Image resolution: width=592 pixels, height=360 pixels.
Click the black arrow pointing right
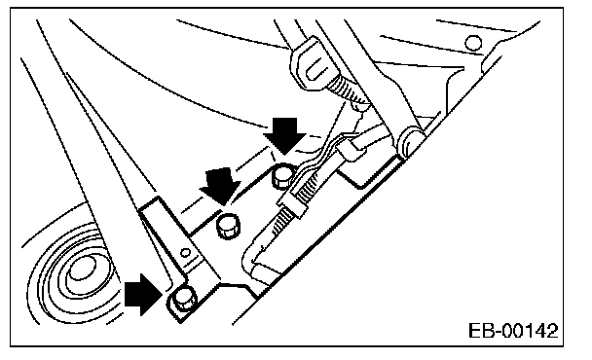(143, 295)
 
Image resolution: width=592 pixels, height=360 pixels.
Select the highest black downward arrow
(284, 135)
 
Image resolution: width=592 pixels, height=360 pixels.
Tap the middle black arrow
(221, 186)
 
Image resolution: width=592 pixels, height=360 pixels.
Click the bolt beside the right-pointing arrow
(184, 298)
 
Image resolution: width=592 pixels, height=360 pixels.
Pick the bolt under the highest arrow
(283, 176)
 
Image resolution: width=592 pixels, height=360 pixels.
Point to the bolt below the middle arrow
(228, 226)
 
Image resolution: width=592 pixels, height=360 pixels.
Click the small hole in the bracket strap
(185, 253)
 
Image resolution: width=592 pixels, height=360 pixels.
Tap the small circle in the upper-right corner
(473, 43)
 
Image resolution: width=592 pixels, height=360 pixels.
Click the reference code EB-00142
(513, 331)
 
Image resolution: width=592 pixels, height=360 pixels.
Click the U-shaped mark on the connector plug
(315, 69)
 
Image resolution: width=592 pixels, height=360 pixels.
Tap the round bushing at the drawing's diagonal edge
(409, 140)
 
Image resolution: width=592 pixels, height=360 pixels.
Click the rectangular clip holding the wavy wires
(351, 150)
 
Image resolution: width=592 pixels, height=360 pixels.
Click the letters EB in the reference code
(481, 331)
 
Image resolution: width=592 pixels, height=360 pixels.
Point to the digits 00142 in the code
(530, 331)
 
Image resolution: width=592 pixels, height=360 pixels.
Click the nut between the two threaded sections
(294, 205)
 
